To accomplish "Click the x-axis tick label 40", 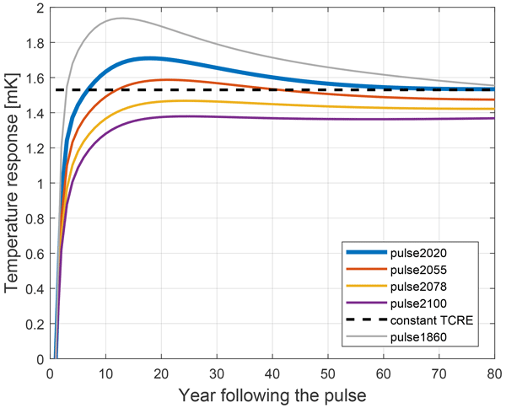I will coord(272,373).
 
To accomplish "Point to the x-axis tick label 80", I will coord(494,373).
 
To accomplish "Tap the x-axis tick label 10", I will coord(105,373).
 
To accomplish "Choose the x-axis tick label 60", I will coord(384,373).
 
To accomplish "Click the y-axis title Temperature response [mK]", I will coord(12,184).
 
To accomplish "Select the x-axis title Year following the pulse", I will coord(272,394).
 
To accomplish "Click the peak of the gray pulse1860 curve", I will coord(121,18).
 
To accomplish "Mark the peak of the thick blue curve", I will coord(149,58).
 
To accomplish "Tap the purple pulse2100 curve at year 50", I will coord(328,119).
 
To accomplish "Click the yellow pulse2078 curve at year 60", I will coord(384,108).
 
